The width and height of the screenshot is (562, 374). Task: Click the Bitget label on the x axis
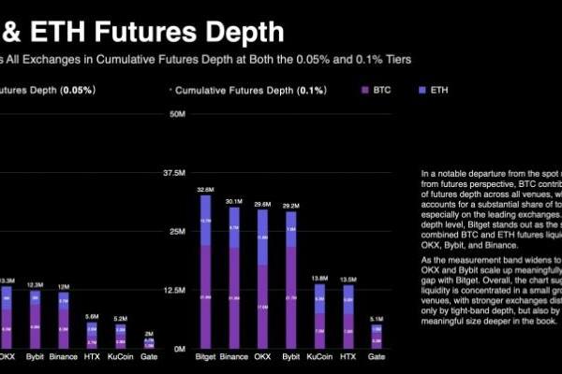tap(205, 357)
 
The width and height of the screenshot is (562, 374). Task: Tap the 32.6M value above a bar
tap(205, 189)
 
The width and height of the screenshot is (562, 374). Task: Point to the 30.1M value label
tap(233, 199)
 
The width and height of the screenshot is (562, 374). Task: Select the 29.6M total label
tap(261, 203)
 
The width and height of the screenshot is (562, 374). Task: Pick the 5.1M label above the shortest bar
tap(376, 318)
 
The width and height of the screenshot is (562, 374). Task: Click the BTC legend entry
tap(377, 90)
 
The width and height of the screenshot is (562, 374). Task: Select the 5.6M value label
tap(92, 316)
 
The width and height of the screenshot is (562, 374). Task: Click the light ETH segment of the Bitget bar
tap(205, 222)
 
